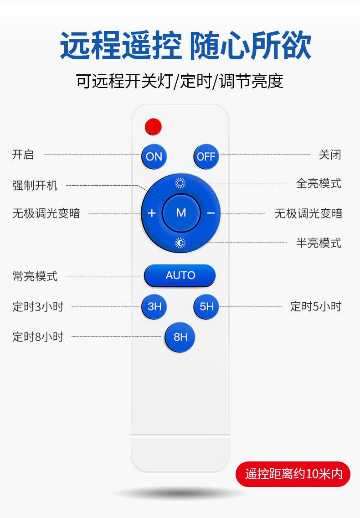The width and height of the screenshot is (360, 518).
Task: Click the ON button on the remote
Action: (x=154, y=156)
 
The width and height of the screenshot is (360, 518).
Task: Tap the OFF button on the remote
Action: (x=206, y=156)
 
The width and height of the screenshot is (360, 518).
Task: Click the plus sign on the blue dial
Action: (x=152, y=213)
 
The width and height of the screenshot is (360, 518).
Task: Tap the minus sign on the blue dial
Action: (x=211, y=213)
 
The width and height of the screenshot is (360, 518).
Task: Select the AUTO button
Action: (x=180, y=275)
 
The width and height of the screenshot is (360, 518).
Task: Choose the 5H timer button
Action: (x=206, y=306)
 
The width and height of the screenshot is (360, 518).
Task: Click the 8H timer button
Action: (x=180, y=337)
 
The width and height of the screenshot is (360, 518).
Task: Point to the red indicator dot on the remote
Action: (x=154, y=126)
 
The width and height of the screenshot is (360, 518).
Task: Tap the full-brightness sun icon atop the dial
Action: (x=180, y=183)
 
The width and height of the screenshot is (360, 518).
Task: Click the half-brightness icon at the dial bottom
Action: (x=180, y=243)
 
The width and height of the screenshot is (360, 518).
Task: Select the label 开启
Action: (x=23, y=155)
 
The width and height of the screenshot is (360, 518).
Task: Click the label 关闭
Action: (x=330, y=155)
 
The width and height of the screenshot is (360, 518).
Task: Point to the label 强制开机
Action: (x=35, y=186)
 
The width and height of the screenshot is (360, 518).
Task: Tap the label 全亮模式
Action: (x=319, y=183)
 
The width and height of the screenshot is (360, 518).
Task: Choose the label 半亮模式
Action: (x=319, y=243)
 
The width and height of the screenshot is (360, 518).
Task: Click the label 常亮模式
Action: (x=35, y=276)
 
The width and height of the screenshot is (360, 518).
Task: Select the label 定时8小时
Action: (x=38, y=337)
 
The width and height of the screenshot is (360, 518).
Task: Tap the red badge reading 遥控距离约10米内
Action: (x=293, y=474)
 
